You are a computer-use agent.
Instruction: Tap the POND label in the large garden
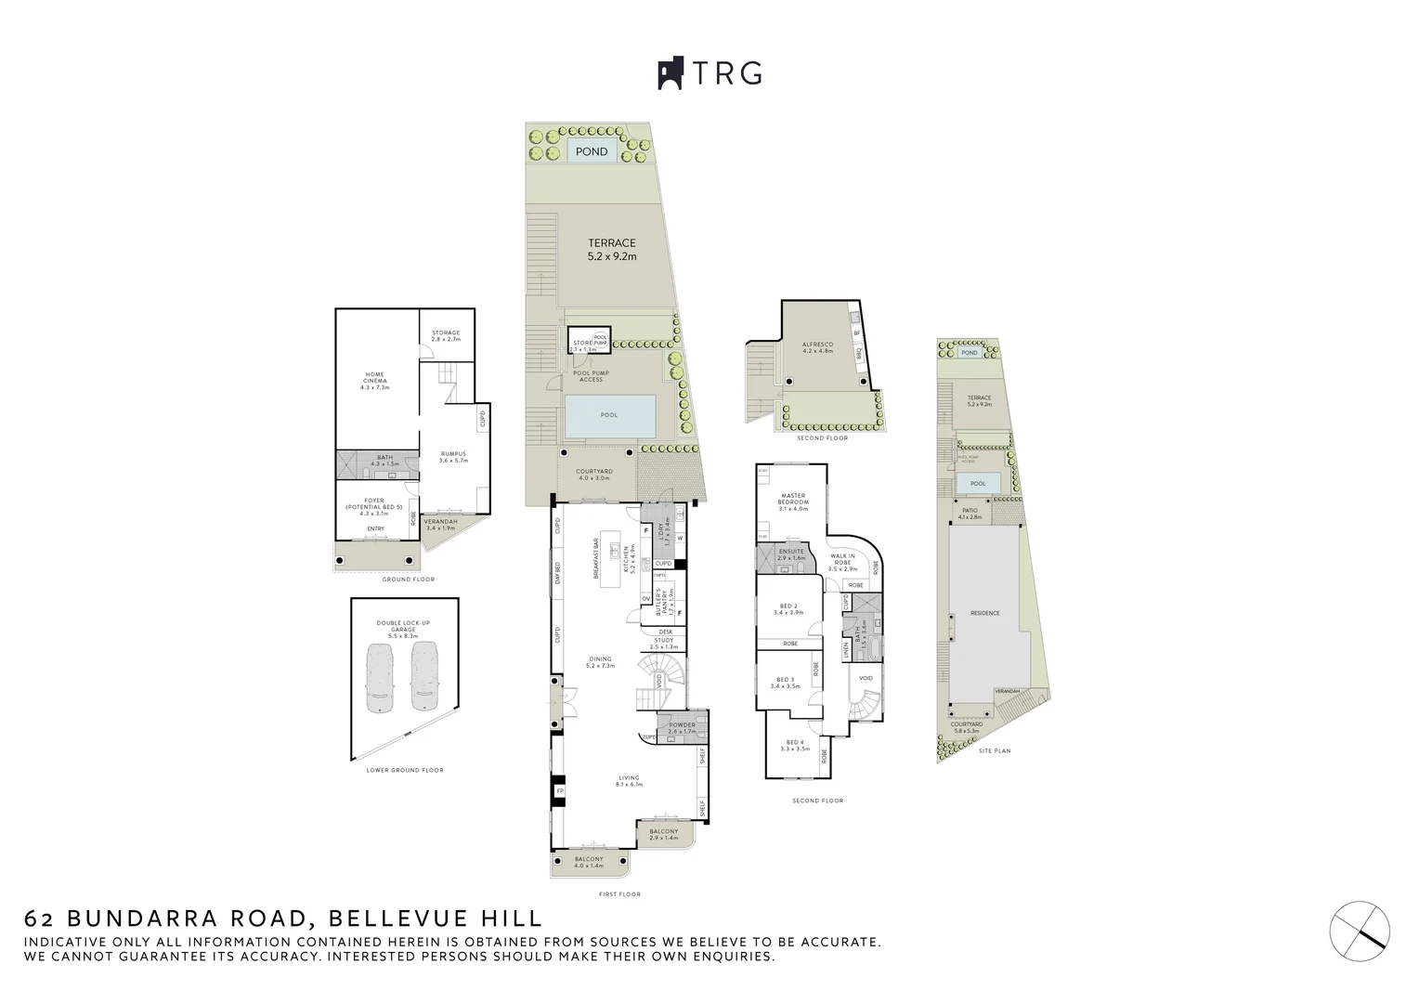coord(592,151)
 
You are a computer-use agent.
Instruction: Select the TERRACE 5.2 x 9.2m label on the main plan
coord(612,249)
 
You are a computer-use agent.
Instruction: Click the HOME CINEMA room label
coord(374,381)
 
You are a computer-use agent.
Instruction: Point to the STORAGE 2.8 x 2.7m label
coord(446,336)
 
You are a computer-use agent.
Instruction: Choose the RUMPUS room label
coord(453,457)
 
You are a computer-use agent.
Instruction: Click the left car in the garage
coord(382,677)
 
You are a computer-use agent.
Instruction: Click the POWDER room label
coord(682,728)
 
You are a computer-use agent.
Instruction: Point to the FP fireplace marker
coord(559,791)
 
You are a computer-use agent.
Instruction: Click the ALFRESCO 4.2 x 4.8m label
coord(818,348)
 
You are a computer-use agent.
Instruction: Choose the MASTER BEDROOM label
coord(793,501)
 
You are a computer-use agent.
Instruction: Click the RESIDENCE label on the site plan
coord(984,613)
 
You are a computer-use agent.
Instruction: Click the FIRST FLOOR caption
coord(619,894)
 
